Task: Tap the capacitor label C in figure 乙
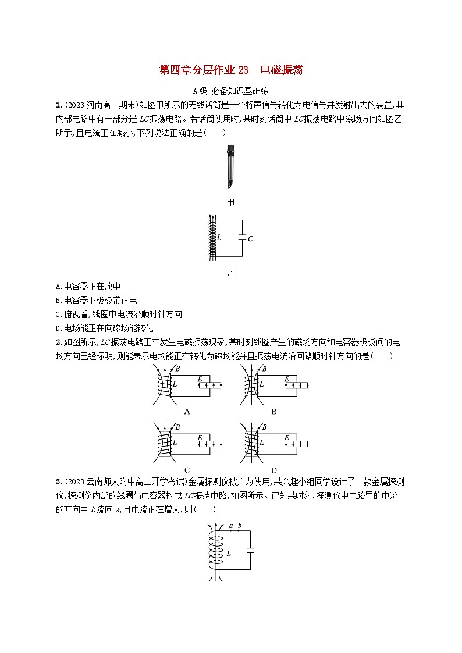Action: pos(250,238)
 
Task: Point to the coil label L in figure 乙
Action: pos(219,238)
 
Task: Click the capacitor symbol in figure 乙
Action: pos(241,238)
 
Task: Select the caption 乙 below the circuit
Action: pos(231,272)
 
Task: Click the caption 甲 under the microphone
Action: pos(231,201)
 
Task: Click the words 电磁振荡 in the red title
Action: pos(282,70)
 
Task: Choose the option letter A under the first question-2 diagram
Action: pos(187,411)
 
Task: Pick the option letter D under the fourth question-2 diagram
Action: pos(273,469)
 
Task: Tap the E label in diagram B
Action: pos(287,379)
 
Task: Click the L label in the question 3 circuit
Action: pos(229,554)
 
